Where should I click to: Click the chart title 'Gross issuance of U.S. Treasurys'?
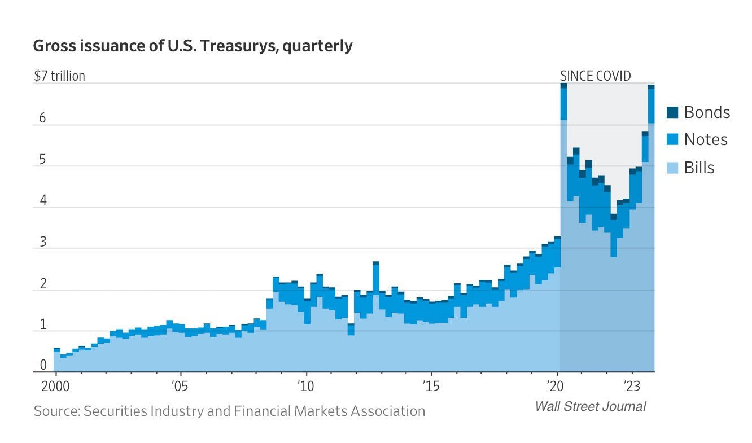pyautogui.click(x=193, y=46)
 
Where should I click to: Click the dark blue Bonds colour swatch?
pyautogui.click(x=672, y=112)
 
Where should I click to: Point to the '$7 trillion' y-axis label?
pyautogui.click(x=59, y=76)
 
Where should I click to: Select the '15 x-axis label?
pyautogui.click(x=431, y=387)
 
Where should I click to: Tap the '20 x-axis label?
pyautogui.click(x=557, y=387)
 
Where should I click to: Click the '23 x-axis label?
pyautogui.click(x=632, y=387)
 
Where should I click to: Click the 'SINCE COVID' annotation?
pyautogui.click(x=595, y=76)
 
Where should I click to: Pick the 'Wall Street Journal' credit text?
pyautogui.click(x=590, y=406)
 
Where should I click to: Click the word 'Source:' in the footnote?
pyautogui.click(x=56, y=411)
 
